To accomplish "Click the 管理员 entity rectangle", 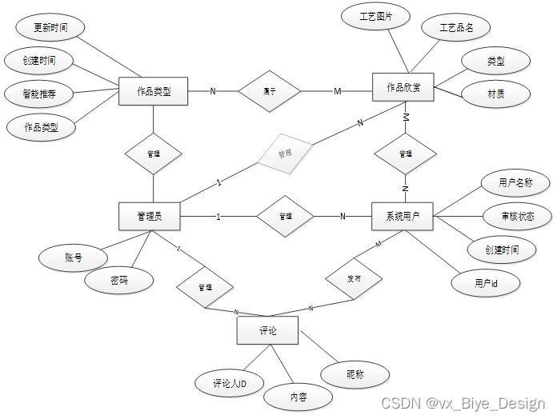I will (149, 215).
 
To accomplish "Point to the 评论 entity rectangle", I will (268, 330).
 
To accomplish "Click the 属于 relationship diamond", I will (270, 91).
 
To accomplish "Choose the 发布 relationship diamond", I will (354, 279).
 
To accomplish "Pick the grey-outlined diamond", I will (284, 151).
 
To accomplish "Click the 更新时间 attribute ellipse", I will (50, 28).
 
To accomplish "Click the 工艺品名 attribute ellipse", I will (456, 28).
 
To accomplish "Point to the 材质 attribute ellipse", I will (495, 94).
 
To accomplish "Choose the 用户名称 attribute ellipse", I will (515, 183).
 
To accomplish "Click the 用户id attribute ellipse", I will (486, 283).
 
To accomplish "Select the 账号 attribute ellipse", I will (74, 257).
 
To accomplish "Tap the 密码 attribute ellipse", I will (120, 280).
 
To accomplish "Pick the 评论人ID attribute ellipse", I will (229, 384).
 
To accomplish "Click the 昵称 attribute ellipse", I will (355, 374).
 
